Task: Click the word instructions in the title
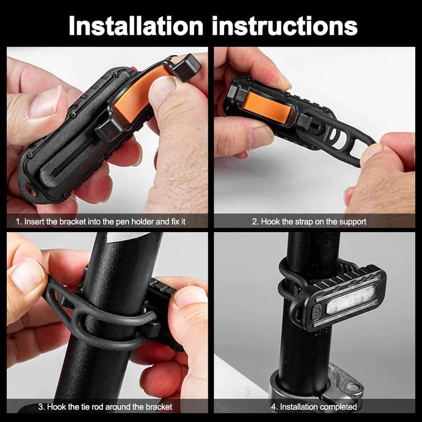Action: click(x=285, y=25)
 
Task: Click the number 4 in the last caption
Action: click(x=274, y=407)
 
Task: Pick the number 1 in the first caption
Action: click(x=17, y=222)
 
